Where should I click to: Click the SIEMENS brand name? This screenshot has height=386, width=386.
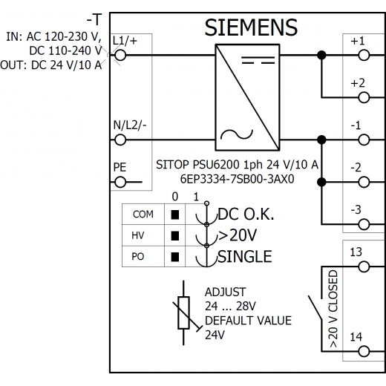[x=251, y=27]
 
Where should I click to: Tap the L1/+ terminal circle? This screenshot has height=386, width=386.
[x=120, y=55]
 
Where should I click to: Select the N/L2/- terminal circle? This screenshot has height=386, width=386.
[x=120, y=140]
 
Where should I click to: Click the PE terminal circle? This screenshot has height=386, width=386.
[x=120, y=183]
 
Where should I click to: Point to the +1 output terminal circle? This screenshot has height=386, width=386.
[x=364, y=55]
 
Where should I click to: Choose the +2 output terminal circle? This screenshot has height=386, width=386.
[x=364, y=97]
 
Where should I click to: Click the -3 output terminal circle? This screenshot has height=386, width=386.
[x=364, y=224]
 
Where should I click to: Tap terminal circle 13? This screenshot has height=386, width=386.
[x=364, y=266]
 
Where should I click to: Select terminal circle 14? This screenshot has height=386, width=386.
[x=364, y=351]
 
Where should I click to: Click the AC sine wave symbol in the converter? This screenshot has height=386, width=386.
[x=237, y=135]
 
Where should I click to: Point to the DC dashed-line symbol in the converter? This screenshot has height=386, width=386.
[x=258, y=60]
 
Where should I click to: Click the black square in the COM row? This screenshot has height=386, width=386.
[x=175, y=215]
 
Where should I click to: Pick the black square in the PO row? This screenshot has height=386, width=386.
[x=175, y=257]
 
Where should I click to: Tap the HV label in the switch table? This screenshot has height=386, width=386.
[x=138, y=235]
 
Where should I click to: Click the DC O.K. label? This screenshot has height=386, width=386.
[x=246, y=214]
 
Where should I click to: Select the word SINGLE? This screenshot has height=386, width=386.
[x=245, y=256]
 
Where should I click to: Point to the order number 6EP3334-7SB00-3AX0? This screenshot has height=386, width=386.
[x=237, y=179]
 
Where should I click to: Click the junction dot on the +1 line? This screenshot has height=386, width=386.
[x=321, y=55]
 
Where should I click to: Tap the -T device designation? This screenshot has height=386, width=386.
[x=94, y=19]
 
